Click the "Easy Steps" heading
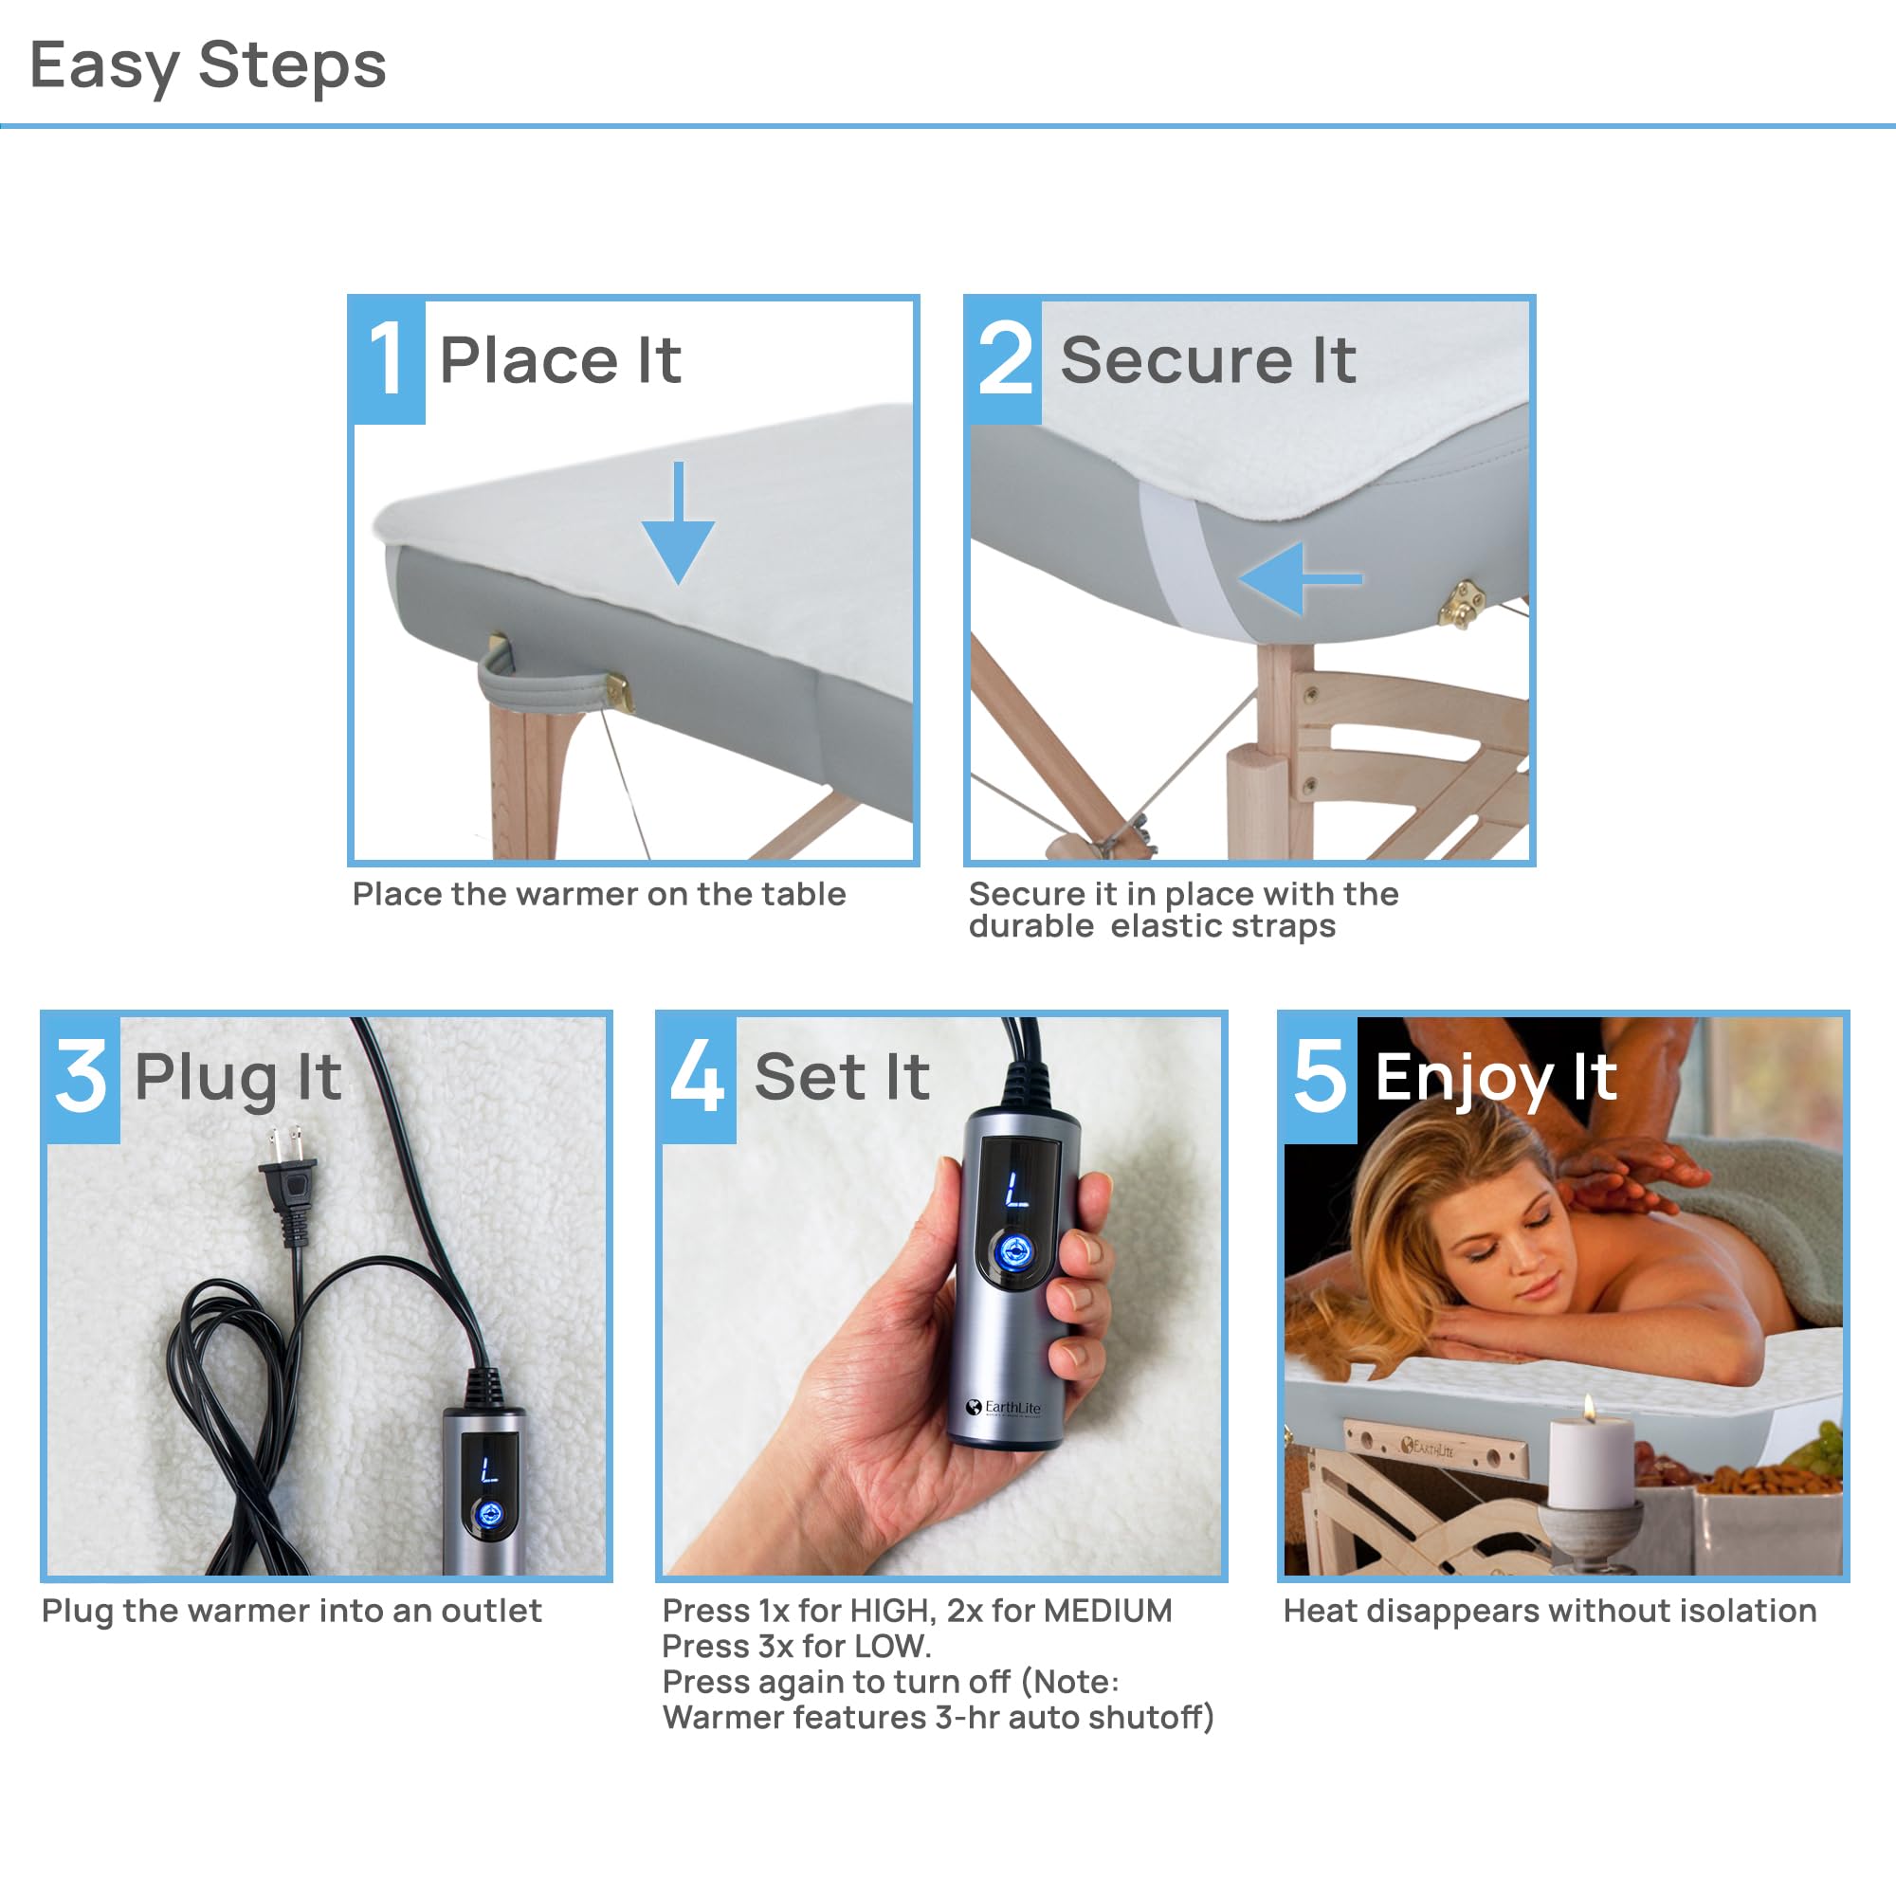click(208, 65)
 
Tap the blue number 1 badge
click(388, 360)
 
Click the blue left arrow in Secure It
click(1299, 579)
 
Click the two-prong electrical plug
click(287, 1181)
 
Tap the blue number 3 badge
click(82, 1078)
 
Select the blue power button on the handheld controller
click(1013, 1252)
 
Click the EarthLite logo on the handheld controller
click(1003, 1407)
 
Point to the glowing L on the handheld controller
click(1015, 1191)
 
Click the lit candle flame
click(1589, 1411)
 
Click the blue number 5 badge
click(1320, 1078)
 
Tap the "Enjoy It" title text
click(1496, 1078)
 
